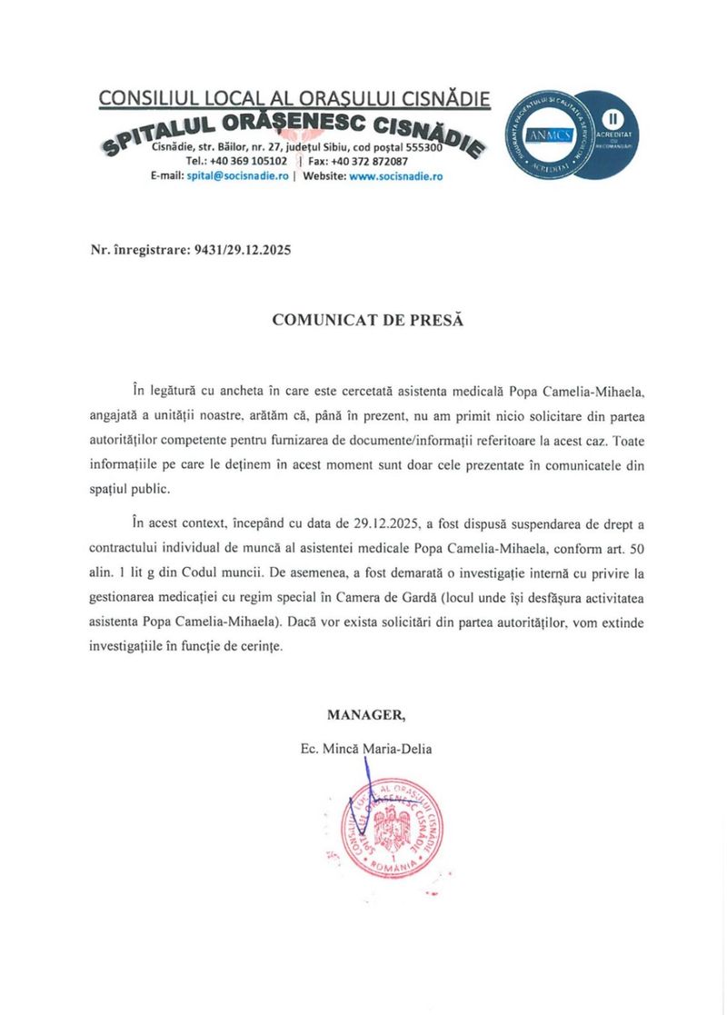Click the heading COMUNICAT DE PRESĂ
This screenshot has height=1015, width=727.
[x=368, y=321]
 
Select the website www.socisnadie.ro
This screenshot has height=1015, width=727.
[x=395, y=176]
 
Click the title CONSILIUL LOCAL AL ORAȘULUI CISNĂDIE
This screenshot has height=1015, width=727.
[x=294, y=98]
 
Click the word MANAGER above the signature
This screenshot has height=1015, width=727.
[x=367, y=715]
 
